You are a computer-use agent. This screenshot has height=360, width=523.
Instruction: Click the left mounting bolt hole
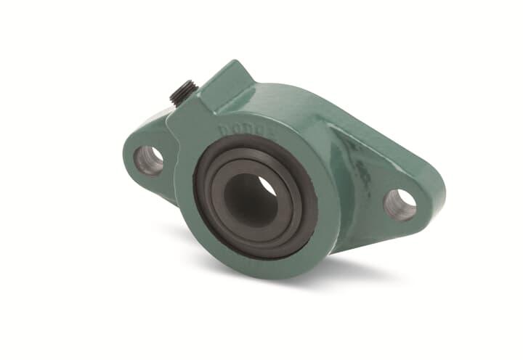click(x=150, y=160)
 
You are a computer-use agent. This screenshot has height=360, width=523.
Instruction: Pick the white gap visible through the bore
click(x=267, y=188)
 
